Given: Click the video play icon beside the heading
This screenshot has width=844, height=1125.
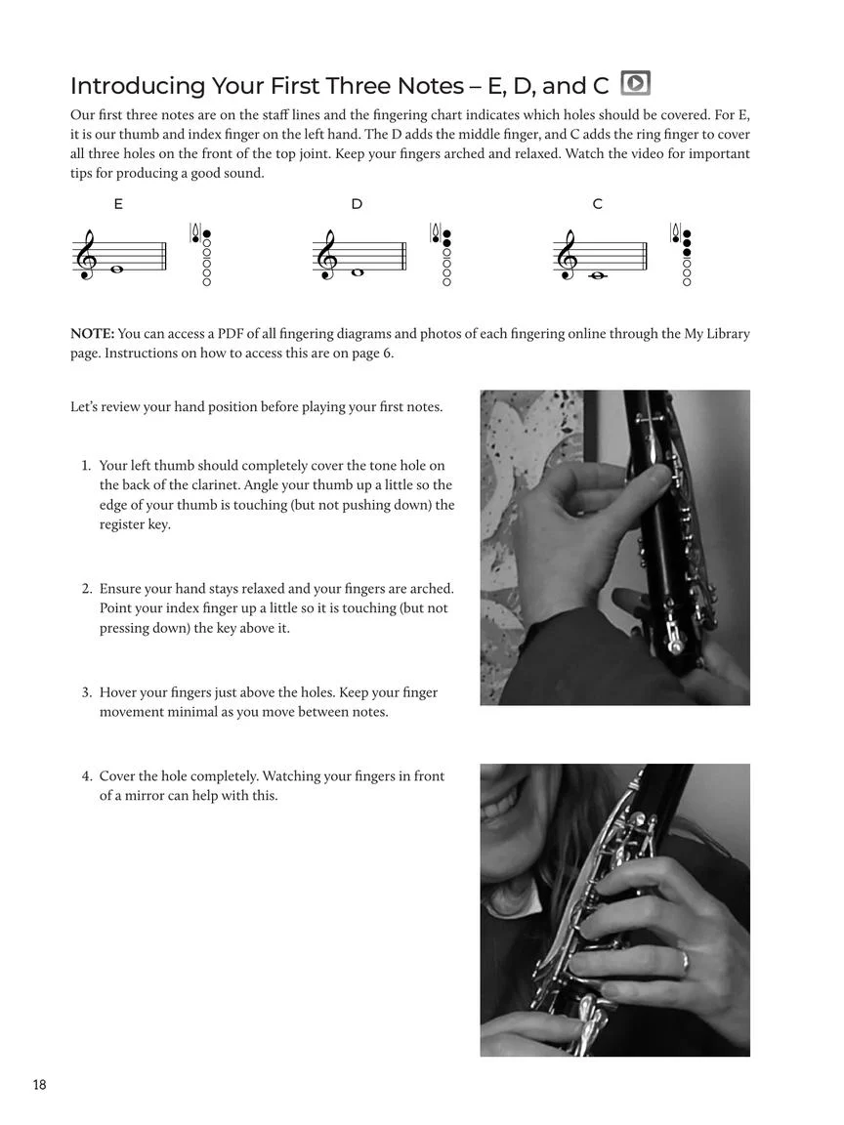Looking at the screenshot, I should coord(635,84).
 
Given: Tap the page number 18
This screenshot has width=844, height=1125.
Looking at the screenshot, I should coord(39,1085).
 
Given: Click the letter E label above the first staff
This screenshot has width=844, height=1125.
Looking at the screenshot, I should coord(118,204).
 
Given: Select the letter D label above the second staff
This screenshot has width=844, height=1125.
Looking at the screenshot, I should coord(357,204).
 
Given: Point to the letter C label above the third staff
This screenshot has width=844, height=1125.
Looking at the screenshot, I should coord(597,204).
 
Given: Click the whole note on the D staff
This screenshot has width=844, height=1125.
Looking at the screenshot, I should coord(358,272).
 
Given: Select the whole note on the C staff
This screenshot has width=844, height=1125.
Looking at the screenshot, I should coord(598,276).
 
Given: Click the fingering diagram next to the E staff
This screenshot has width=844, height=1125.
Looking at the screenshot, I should coord(202,255).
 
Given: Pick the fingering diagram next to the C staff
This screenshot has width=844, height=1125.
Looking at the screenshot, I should coord(683,255).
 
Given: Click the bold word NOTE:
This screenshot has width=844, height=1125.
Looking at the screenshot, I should coord(92,334).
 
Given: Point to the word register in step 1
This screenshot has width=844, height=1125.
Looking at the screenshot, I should coord(123,524).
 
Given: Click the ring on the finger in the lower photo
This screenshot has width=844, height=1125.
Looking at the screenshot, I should coord(685,959).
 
